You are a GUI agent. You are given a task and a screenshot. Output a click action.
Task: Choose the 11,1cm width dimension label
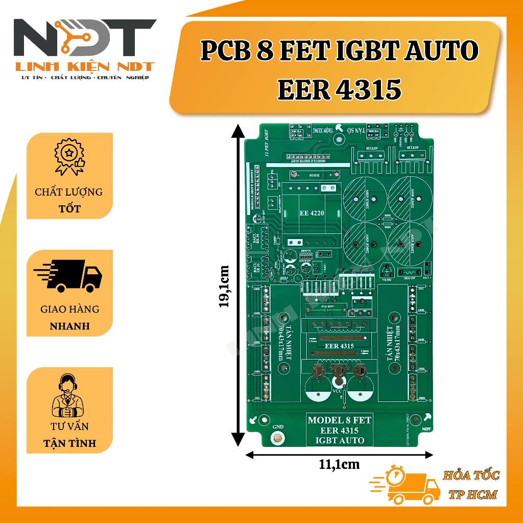point(339,464)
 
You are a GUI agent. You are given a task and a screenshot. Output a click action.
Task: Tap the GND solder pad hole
point(278,438)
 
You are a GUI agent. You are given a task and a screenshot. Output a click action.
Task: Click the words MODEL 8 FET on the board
point(339,420)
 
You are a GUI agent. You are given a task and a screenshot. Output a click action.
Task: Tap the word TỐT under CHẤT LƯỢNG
point(68,209)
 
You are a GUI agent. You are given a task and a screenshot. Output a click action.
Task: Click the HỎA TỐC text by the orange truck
point(471,476)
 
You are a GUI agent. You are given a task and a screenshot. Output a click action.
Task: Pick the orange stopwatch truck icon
point(406,485)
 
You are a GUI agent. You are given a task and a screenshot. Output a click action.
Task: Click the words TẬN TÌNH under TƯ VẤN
point(69,443)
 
